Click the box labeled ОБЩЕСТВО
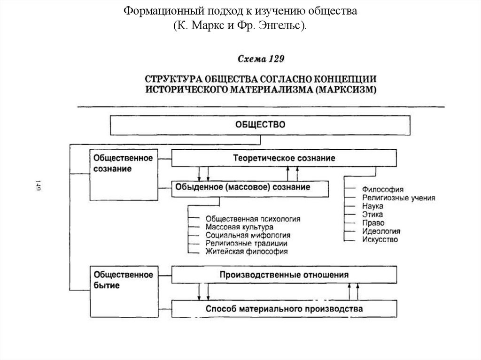(260, 125)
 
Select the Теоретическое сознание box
(284, 158)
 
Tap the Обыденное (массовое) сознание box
(242, 187)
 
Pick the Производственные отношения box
(284, 275)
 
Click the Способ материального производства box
(284, 309)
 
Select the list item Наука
(372, 206)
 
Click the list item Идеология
(381, 231)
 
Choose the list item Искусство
(380, 240)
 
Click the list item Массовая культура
(239, 227)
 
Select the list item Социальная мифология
(248, 235)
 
